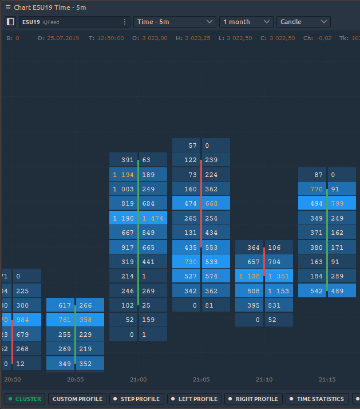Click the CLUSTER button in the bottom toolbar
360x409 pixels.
[25, 399]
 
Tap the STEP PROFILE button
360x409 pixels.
[136, 399]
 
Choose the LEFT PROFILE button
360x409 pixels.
[194, 399]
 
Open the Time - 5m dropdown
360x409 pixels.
[175, 22]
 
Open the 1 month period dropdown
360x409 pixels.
[246, 22]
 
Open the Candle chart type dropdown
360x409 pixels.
[303, 22]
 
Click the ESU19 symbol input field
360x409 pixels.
[69, 22]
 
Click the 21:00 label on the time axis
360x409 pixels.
[139, 379]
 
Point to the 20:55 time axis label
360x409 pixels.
[76, 379]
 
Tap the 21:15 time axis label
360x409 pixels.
[327, 379]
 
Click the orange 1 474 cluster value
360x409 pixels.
[152, 218]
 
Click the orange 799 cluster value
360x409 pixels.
[337, 203]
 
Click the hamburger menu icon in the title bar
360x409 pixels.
[8, 7]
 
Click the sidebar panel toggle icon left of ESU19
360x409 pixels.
[10, 22]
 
